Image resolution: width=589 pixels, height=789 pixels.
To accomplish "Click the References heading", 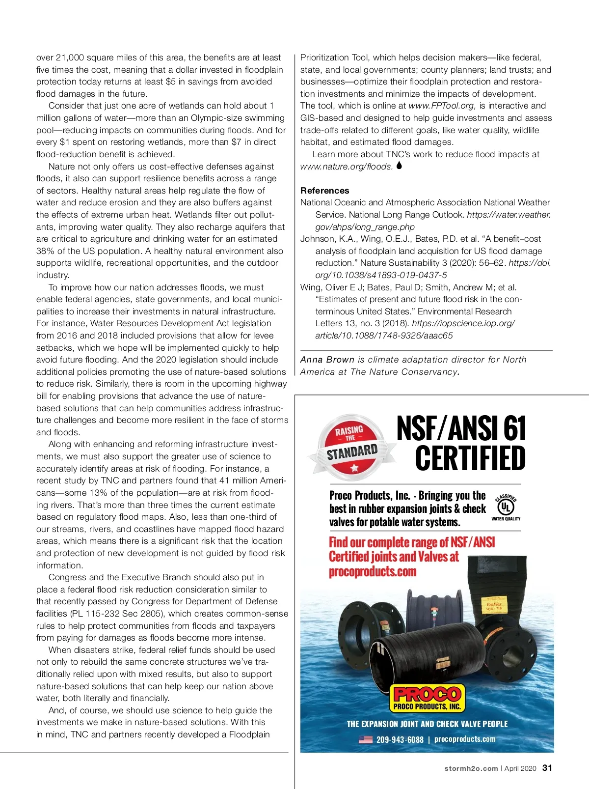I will point(324,191).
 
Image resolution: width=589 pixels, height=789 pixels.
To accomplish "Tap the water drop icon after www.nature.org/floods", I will point(399,166).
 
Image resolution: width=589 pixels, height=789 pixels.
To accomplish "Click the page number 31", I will point(547,768).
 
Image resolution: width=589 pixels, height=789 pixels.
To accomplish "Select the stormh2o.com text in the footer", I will point(471,768).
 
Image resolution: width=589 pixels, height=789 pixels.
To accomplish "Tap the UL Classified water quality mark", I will point(506,507).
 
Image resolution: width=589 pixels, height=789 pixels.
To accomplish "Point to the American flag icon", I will point(366,739).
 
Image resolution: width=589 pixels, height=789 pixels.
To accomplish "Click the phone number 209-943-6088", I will point(400,740).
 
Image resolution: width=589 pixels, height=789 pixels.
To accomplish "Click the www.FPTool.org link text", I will point(442,106).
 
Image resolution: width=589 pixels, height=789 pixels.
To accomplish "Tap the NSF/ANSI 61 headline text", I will point(461,428).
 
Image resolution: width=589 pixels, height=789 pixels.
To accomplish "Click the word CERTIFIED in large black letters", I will point(470,458).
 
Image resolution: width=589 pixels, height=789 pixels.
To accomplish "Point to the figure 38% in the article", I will point(45,251).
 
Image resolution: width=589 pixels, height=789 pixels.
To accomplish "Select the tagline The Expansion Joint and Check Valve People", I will point(427,724).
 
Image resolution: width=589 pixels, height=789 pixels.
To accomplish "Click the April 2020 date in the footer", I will point(520,768).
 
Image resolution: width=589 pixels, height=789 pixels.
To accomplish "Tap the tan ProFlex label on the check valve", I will point(493,606).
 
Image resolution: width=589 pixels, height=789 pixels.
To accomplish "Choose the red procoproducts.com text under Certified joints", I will point(373,572).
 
